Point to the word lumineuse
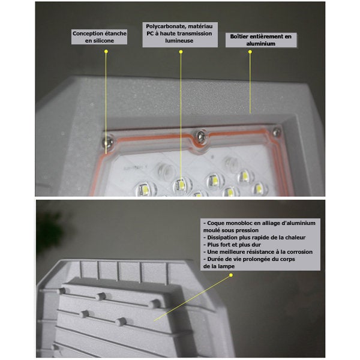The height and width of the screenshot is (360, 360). point(179,41)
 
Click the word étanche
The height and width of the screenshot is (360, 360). point(115,34)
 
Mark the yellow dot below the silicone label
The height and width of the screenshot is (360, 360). point(106,52)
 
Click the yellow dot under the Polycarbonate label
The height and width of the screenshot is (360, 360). point(181,52)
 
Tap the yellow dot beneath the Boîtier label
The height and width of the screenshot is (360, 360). point(250,52)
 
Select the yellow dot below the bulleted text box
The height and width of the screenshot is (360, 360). point(231,275)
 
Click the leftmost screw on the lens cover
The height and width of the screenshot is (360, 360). point(107,142)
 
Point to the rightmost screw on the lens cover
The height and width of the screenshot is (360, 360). point(277,131)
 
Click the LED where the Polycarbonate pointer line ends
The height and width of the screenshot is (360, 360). point(182,185)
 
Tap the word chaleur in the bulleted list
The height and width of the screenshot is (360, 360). point(295,238)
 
